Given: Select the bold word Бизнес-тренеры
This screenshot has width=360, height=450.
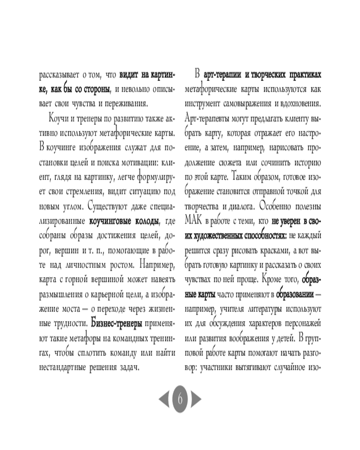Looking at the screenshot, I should pos(117,323).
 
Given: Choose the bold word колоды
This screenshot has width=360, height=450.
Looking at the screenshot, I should pos(144,220).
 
